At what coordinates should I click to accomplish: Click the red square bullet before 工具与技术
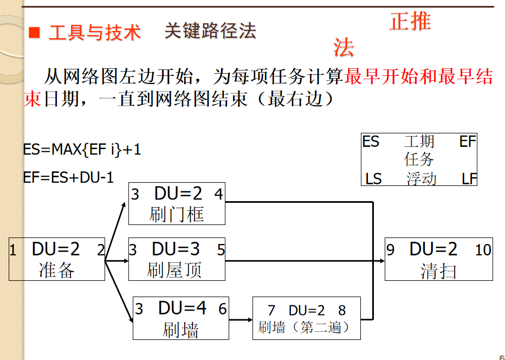tap(35, 33)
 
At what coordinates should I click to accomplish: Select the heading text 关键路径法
tap(210, 31)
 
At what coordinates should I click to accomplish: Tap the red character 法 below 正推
tap(344, 48)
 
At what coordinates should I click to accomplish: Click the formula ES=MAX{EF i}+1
tap(82, 150)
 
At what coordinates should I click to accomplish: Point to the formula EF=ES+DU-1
tap(69, 177)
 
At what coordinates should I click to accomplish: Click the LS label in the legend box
tap(373, 178)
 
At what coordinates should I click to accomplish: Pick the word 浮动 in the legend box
tap(421, 178)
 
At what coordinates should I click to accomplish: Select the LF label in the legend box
tap(469, 178)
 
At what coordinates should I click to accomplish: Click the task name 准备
tap(56, 269)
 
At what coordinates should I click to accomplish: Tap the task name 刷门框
tap(177, 215)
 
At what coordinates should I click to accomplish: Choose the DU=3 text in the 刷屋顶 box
tap(176, 249)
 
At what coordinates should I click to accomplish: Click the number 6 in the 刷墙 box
tap(222, 309)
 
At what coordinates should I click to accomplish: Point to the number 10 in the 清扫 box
tap(483, 250)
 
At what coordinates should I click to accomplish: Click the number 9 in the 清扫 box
tap(391, 250)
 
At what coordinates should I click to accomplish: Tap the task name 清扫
tap(438, 271)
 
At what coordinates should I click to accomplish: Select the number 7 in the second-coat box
tap(271, 310)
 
